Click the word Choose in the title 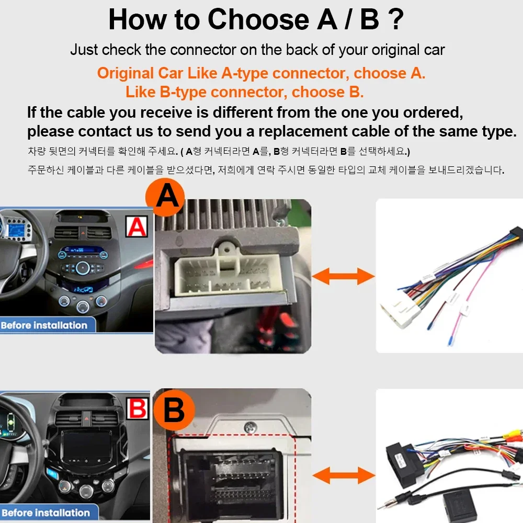[258, 19]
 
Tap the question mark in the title [396, 19]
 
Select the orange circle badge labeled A [165, 197]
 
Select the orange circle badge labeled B [174, 410]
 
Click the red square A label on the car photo [137, 226]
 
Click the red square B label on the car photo [138, 408]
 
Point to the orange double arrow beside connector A [343, 276]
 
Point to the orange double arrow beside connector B [344, 475]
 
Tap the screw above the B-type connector [251, 427]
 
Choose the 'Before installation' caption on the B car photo [46, 513]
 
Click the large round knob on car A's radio [83, 268]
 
